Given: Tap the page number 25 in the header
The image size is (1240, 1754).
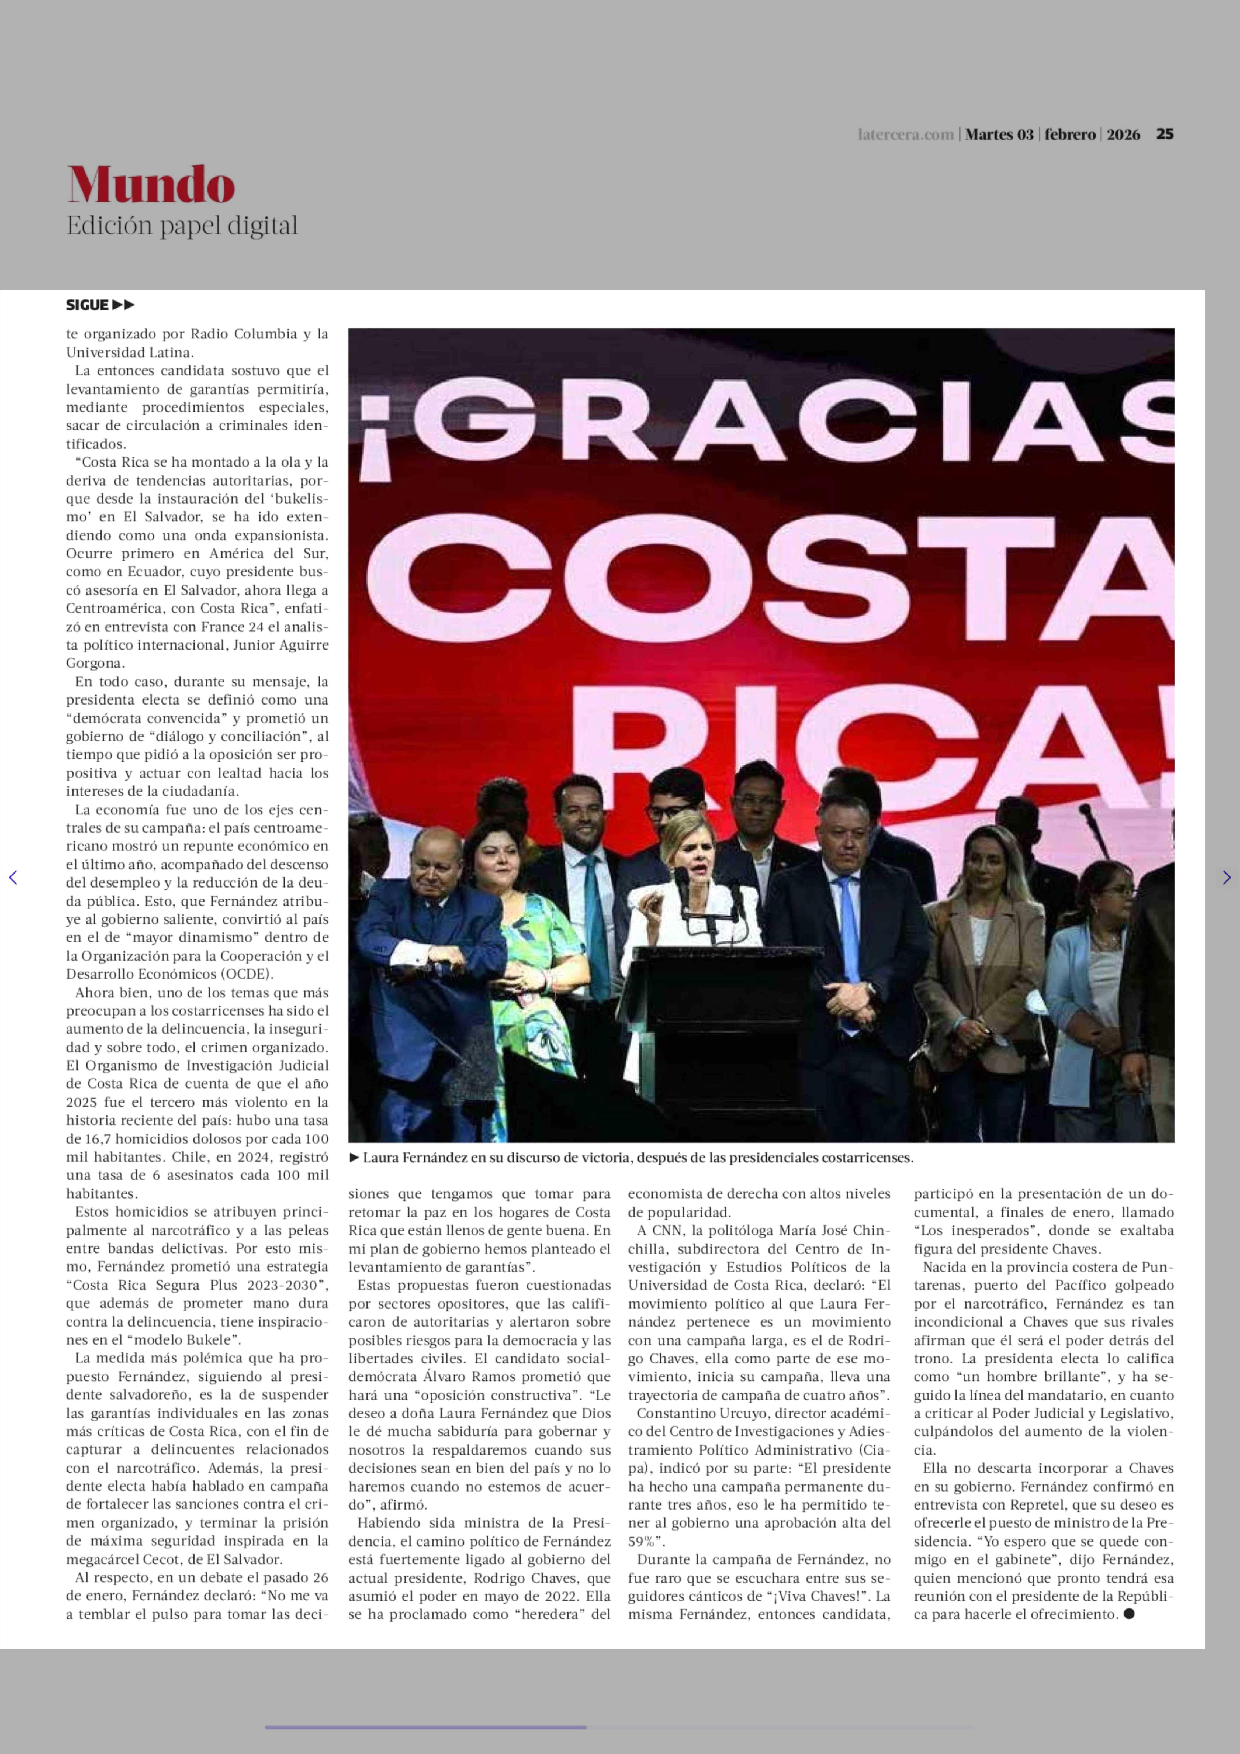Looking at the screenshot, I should click(1164, 134).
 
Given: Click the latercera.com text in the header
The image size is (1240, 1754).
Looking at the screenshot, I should click(906, 135).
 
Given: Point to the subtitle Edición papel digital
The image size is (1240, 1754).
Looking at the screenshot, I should click(182, 226).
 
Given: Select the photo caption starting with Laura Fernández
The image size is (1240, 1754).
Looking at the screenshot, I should click(637, 1157).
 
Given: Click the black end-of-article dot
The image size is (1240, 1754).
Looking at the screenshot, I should click(1129, 1613).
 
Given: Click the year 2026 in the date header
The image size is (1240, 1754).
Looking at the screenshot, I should click(1123, 135).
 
